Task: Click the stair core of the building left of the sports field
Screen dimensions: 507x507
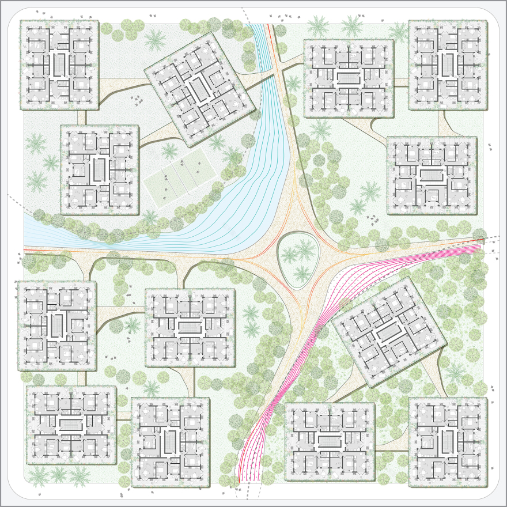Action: click(100, 169)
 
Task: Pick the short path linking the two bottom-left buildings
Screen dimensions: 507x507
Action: click(123, 416)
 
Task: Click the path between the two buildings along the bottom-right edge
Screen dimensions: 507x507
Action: click(392, 447)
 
